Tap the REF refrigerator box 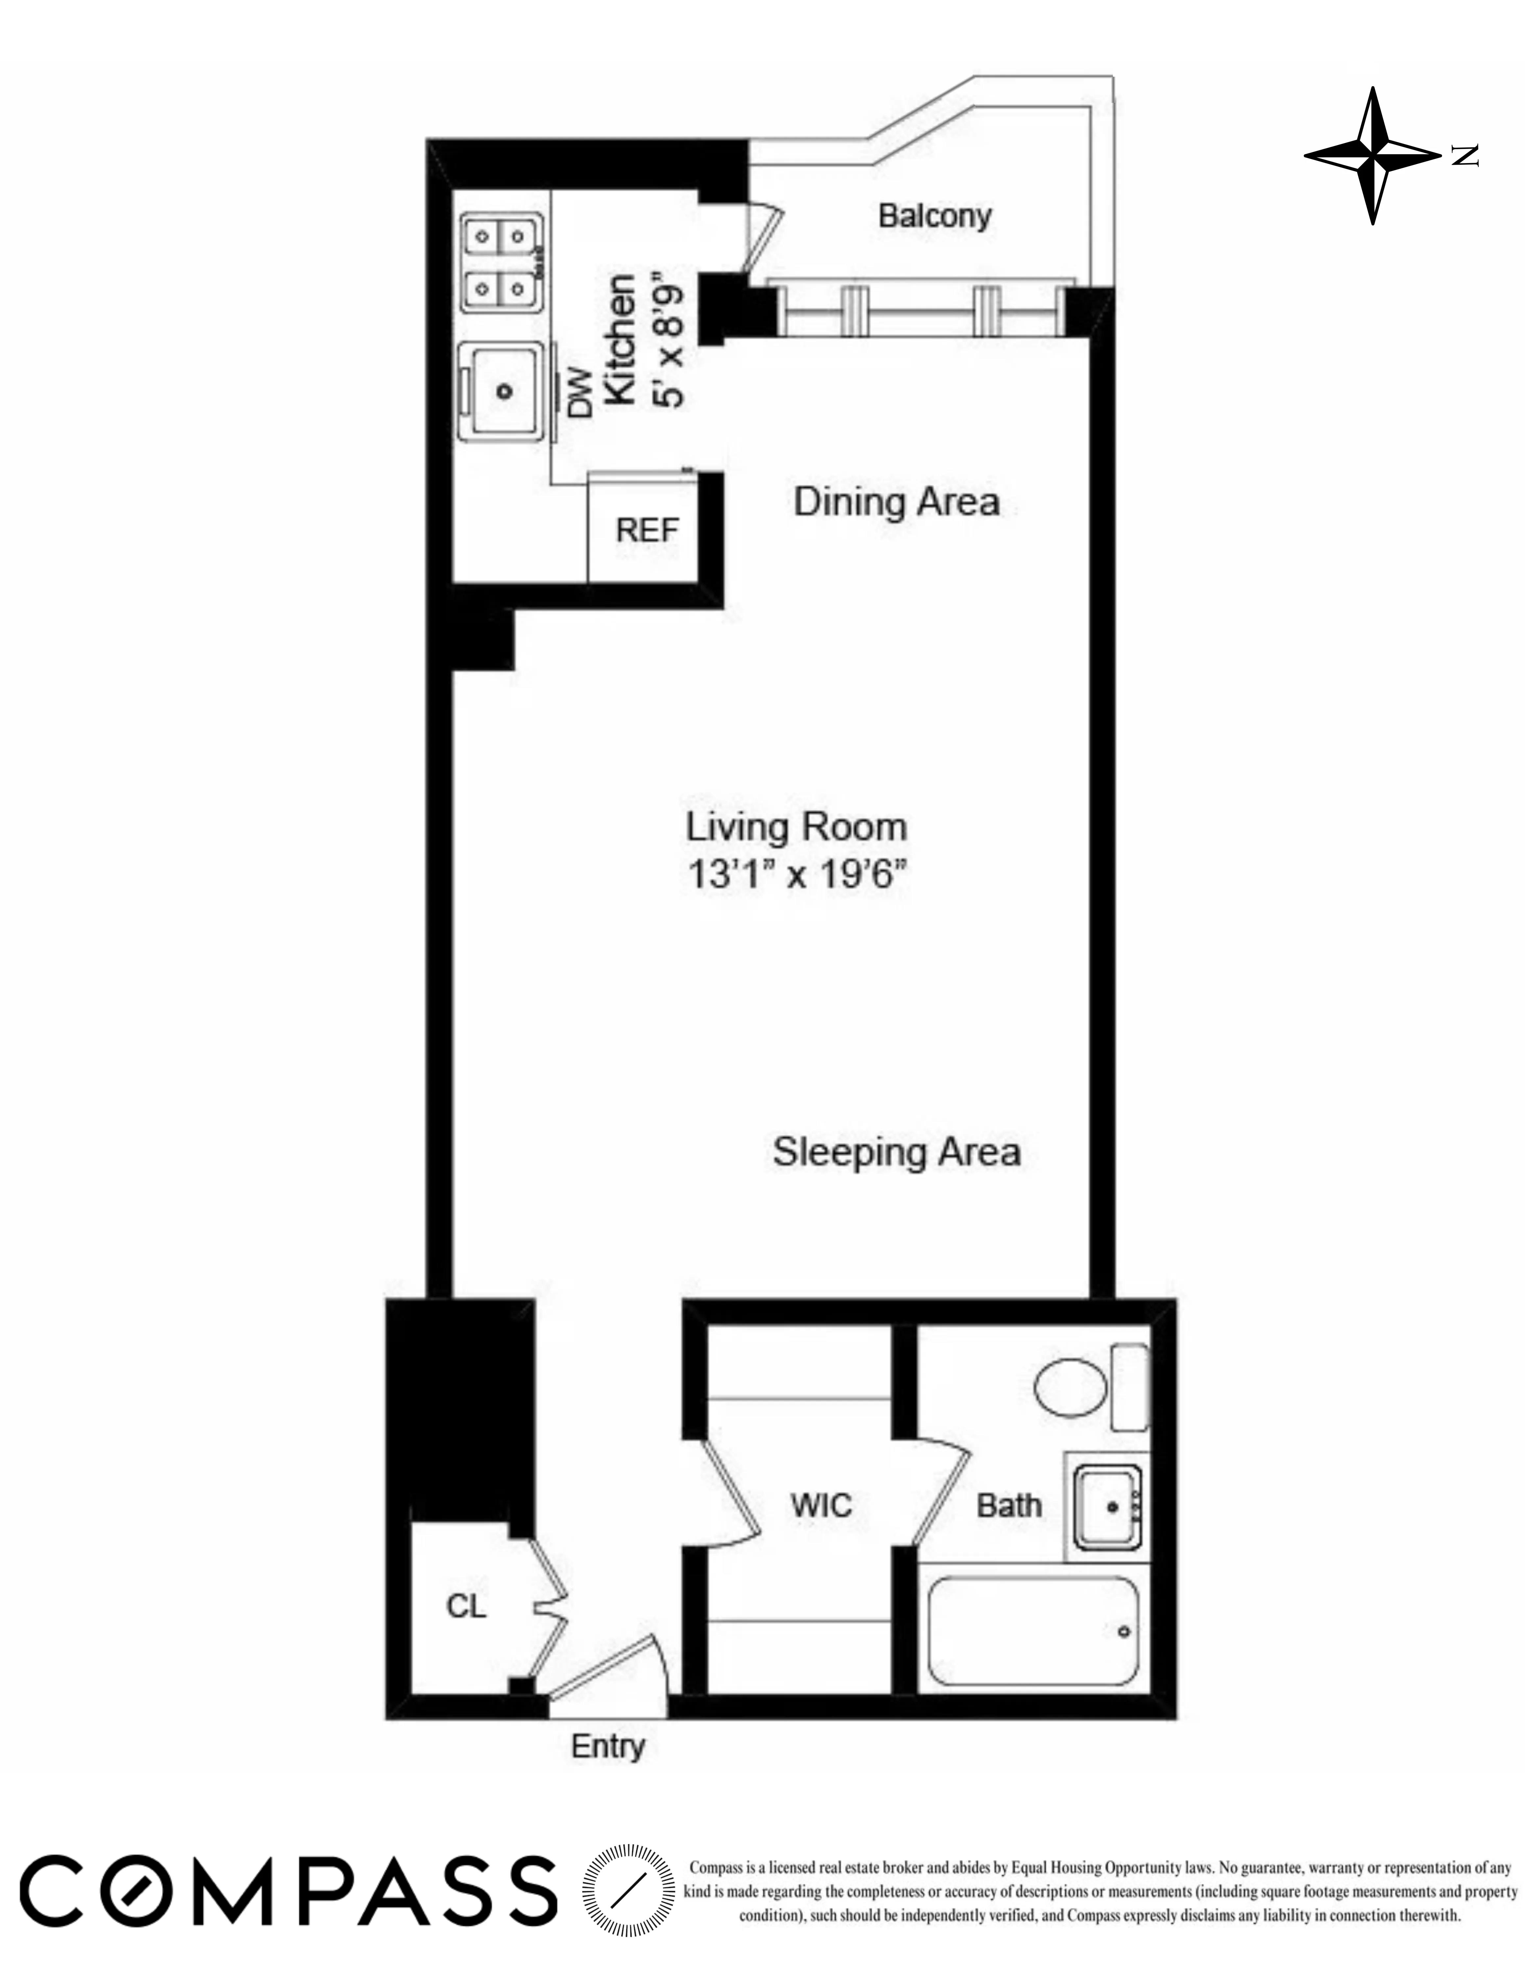pyautogui.click(x=646, y=529)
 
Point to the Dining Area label pyautogui.click(x=896, y=502)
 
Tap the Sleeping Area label pyautogui.click(x=896, y=1152)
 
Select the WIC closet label pyautogui.click(x=820, y=1505)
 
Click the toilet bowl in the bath pyautogui.click(x=1071, y=1387)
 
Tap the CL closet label pyautogui.click(x=466, y=1605)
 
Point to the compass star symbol pyautogui.click(x=1372, y=156)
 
